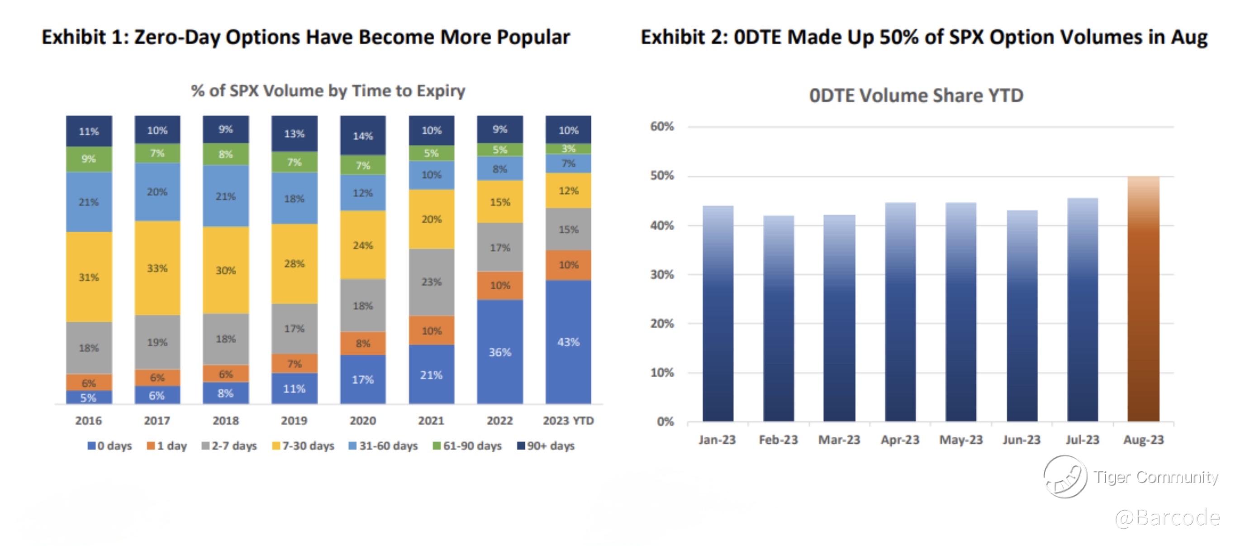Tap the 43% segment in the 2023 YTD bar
(568, 342)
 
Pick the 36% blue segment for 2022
(500, 352)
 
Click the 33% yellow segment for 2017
(157, 268)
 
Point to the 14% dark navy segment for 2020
(362, 135)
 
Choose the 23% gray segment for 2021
(431, 282)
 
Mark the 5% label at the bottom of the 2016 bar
(89, 398)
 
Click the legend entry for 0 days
(110, 445)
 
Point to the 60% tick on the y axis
(662, 127)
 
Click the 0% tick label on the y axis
(665, 421)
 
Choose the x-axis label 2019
(294, 420)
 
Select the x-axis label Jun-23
(1021, 440)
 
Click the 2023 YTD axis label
(568, 420)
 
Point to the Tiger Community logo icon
(1065, 477)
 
